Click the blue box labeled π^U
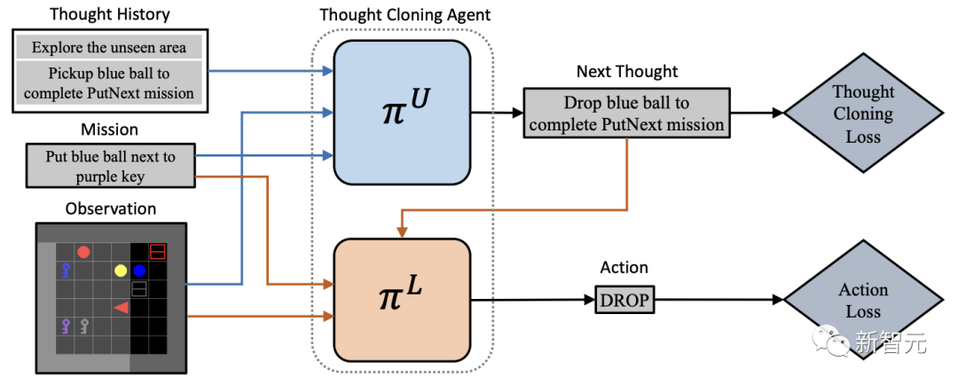(x=401, y=113)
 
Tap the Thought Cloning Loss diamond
(x=863, y=114)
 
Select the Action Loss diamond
(x=863, y=301)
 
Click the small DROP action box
(x=624, y=301)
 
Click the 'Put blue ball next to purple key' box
(x=111, y=167)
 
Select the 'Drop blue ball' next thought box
(x=626, y=114)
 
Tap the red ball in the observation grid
(x=83, y=252)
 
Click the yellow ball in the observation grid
(x=121, y=271)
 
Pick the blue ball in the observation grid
(x=139, y=271)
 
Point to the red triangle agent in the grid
(x=122, y=307)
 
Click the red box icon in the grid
(x=157, y=252)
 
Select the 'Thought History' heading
(x=110, y=14)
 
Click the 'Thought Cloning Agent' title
(x=404, y=14)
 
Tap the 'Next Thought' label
(x=626, y=71)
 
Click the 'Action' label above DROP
(x=624, y=267)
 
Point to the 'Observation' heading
(x=111, y=209)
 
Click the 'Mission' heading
(x=111, y=130)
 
